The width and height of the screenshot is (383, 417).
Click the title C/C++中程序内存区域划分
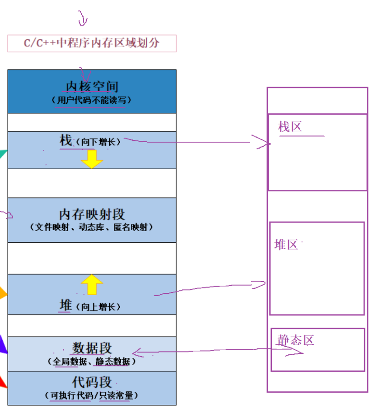(x=92, y=43)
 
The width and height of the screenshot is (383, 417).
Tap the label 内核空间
(x=92, y=86)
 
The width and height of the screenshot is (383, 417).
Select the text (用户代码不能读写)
(x=92, y=100)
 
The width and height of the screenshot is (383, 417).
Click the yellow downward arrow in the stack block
(x=92, y=159)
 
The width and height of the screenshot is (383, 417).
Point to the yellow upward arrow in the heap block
(x=92, y=284)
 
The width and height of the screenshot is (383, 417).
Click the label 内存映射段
(x=92, y=214)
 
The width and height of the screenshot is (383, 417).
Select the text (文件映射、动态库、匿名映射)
(x=92, y=227)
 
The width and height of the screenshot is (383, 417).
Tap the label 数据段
(x=92, y=348)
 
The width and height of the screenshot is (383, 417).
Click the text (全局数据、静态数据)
(x=92, y=361)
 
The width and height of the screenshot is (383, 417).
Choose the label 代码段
(x=92, y=382)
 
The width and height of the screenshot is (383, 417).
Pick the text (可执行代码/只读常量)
(x=92, y=396)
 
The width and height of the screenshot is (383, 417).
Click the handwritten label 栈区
(x=290, y=127)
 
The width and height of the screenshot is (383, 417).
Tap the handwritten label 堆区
(x=286, y=245)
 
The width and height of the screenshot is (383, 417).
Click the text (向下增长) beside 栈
(x=98, y=142)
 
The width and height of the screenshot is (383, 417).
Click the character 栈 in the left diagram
(x=66, y=141)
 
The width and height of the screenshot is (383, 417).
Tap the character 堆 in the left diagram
(x=65, y=306)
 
